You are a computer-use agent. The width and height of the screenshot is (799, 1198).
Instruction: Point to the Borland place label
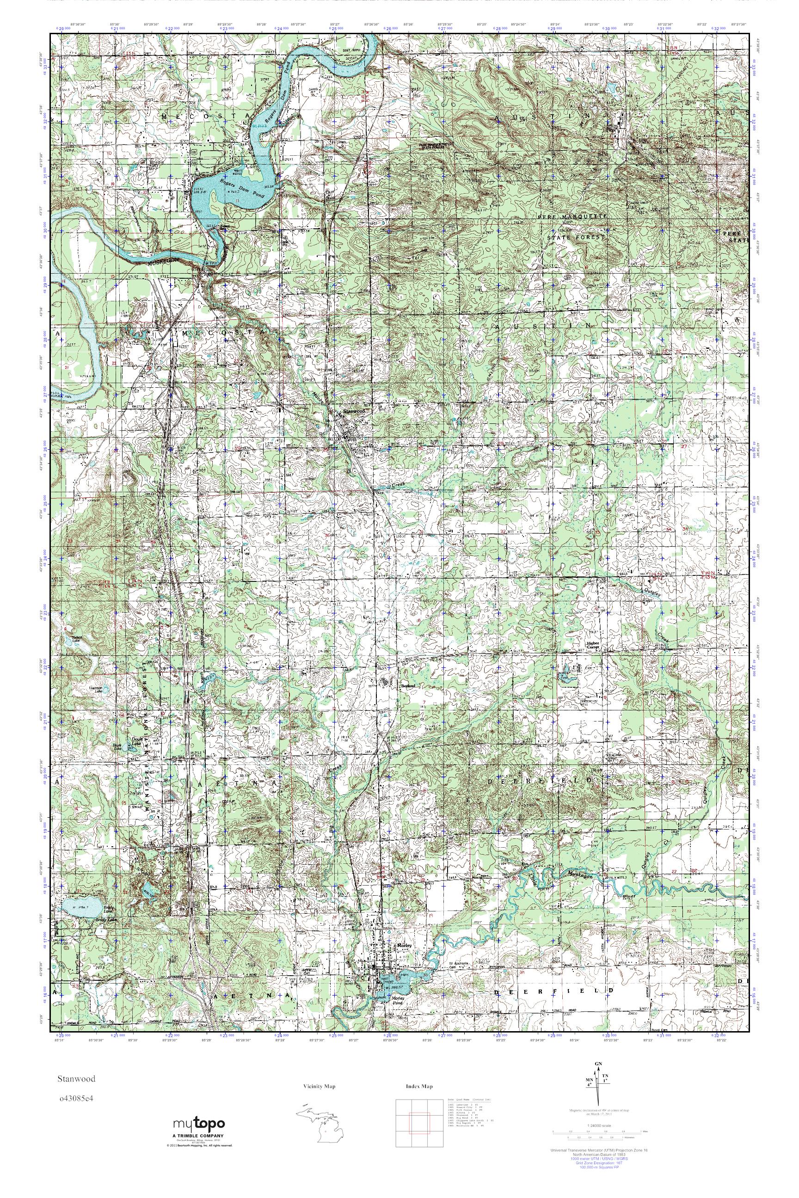pos(408,686)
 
